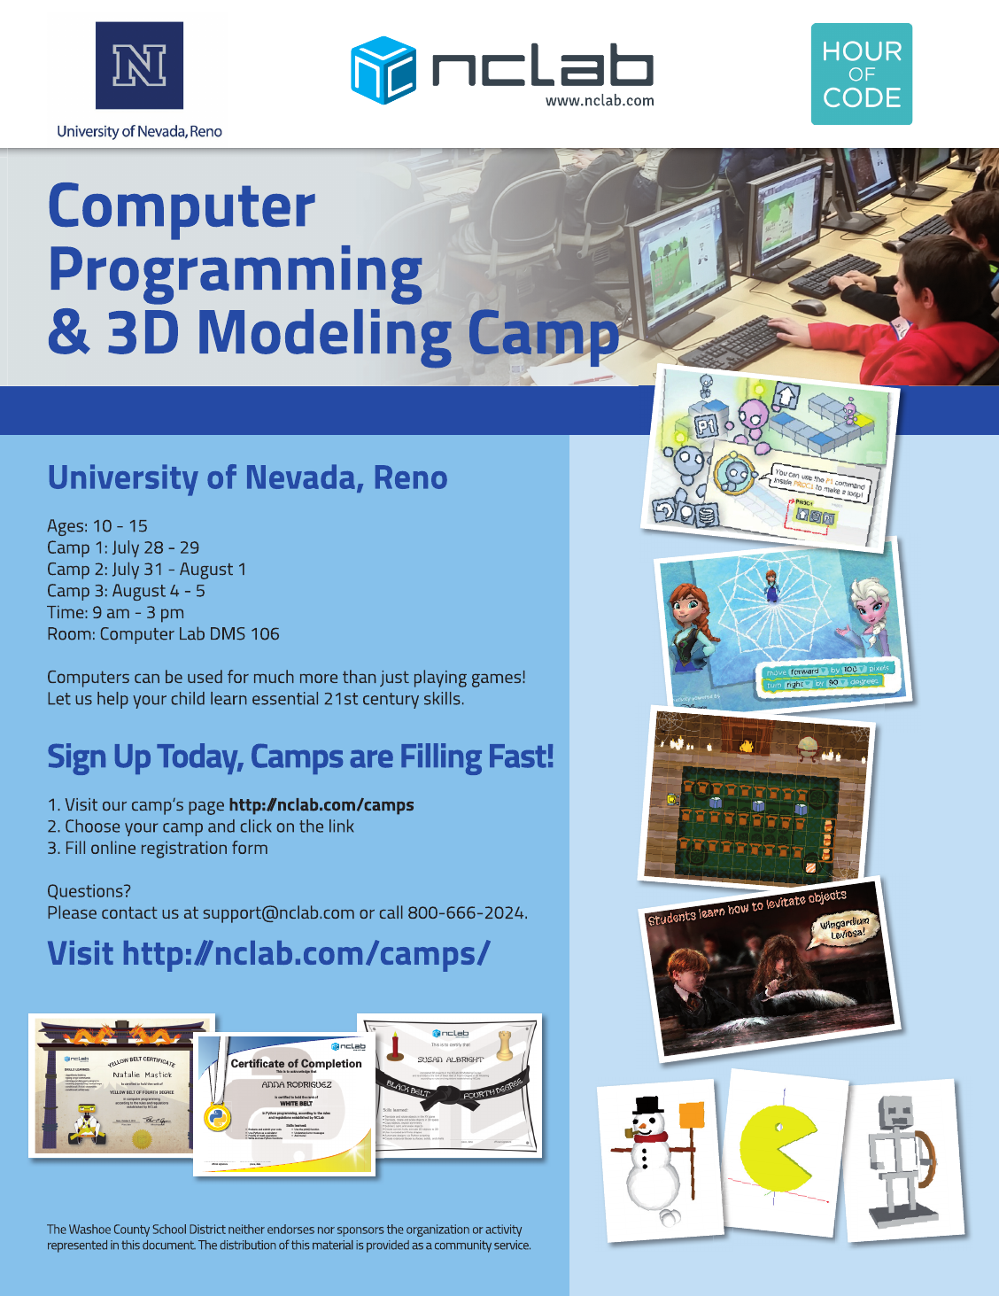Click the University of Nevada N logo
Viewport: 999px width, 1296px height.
(139, 66)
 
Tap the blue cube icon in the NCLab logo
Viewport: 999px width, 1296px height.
(383, 70)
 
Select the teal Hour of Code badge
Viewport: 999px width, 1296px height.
(861, 74)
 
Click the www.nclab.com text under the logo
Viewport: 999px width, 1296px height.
(600, 101)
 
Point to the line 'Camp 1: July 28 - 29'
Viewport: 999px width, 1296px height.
(123, 547)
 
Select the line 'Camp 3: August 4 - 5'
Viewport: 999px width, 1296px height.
(126, 591)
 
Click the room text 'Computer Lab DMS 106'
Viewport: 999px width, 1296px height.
(190, 634)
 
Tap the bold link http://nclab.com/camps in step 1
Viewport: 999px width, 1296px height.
(321, 804)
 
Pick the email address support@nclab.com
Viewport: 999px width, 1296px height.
(278, 912)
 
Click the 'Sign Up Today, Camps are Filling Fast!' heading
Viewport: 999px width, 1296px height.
(300, 757)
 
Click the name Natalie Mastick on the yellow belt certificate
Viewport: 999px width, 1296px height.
(142, 1075)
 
